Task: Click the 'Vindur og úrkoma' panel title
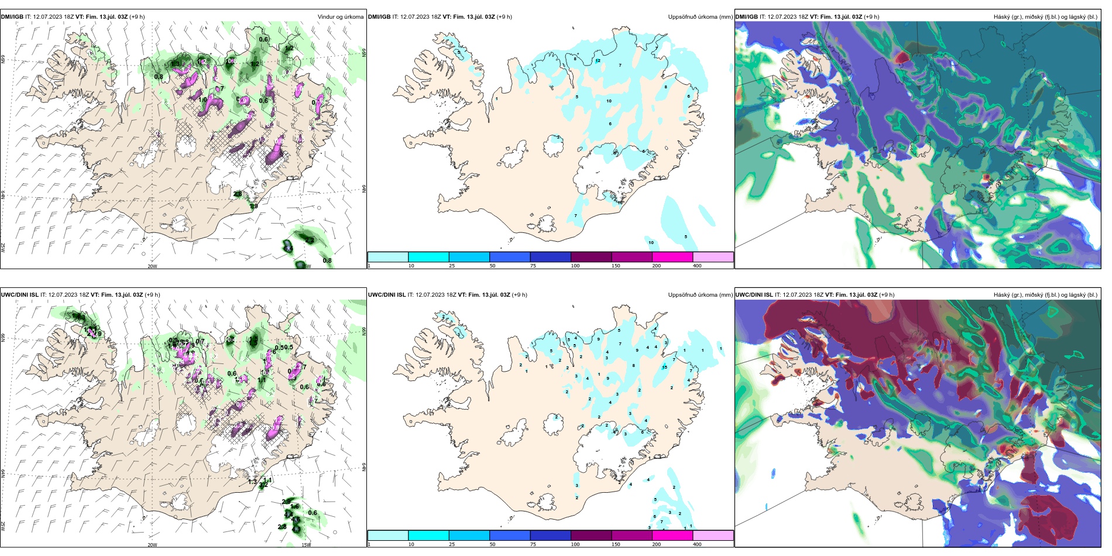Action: click(340, 17)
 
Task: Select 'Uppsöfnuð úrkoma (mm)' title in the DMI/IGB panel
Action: click(700, 17)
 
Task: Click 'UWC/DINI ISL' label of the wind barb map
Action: click(19, 295)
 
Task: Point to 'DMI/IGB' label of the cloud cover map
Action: click(746, 17)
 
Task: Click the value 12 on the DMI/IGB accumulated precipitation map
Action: click(598, 60)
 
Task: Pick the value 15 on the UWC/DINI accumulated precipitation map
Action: click(664, 368)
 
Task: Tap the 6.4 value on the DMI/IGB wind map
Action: click(287, 249)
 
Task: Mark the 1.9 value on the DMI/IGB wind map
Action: click(253, 206)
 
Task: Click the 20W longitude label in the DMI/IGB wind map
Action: click(152, 266)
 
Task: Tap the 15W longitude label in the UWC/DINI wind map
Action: click(306, 544)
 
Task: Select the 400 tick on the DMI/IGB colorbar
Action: click(697, 266)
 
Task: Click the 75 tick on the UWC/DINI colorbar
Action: click(533, 544)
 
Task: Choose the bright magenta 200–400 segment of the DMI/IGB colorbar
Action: click(672, 257)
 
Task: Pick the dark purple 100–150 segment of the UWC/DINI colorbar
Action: click(591, 536)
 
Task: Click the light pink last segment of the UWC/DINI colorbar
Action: click(713, 536)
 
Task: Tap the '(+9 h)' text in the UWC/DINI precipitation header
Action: click(519, 295)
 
